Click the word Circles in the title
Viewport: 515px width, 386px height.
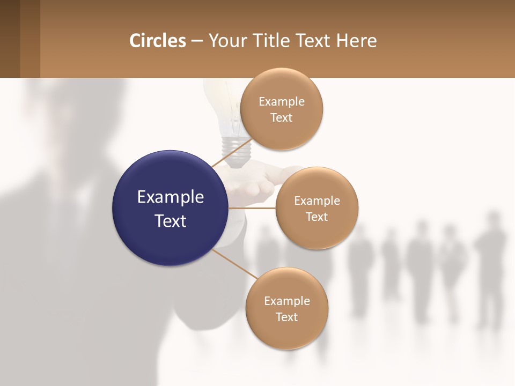tap(157, 41)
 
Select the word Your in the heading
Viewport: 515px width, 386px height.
tap(224, 41)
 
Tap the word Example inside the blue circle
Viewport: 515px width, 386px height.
tap(171, 197)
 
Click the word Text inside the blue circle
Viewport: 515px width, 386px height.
tap(171, 221)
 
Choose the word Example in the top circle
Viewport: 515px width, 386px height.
tap(281, 102)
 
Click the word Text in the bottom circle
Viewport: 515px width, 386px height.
tap(286, 317)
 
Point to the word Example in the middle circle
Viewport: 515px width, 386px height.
tap(317, 201)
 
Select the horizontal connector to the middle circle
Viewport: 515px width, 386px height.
tap(252, 207)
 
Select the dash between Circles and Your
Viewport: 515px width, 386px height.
tap(196, 41)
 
